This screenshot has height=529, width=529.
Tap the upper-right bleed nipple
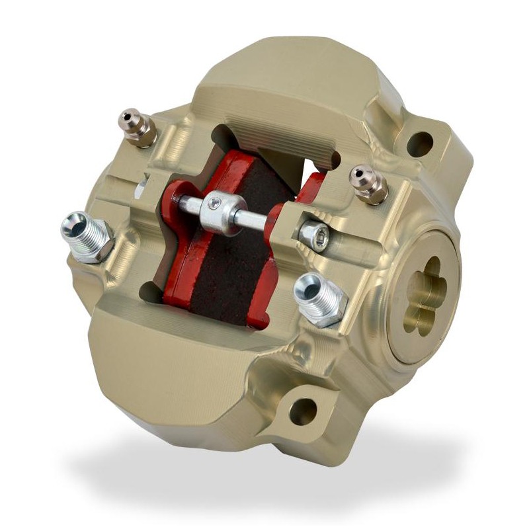(x=368, y=183)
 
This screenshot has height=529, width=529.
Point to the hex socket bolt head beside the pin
(x=313, y=233)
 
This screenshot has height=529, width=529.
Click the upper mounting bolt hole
(x=419, y=145)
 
